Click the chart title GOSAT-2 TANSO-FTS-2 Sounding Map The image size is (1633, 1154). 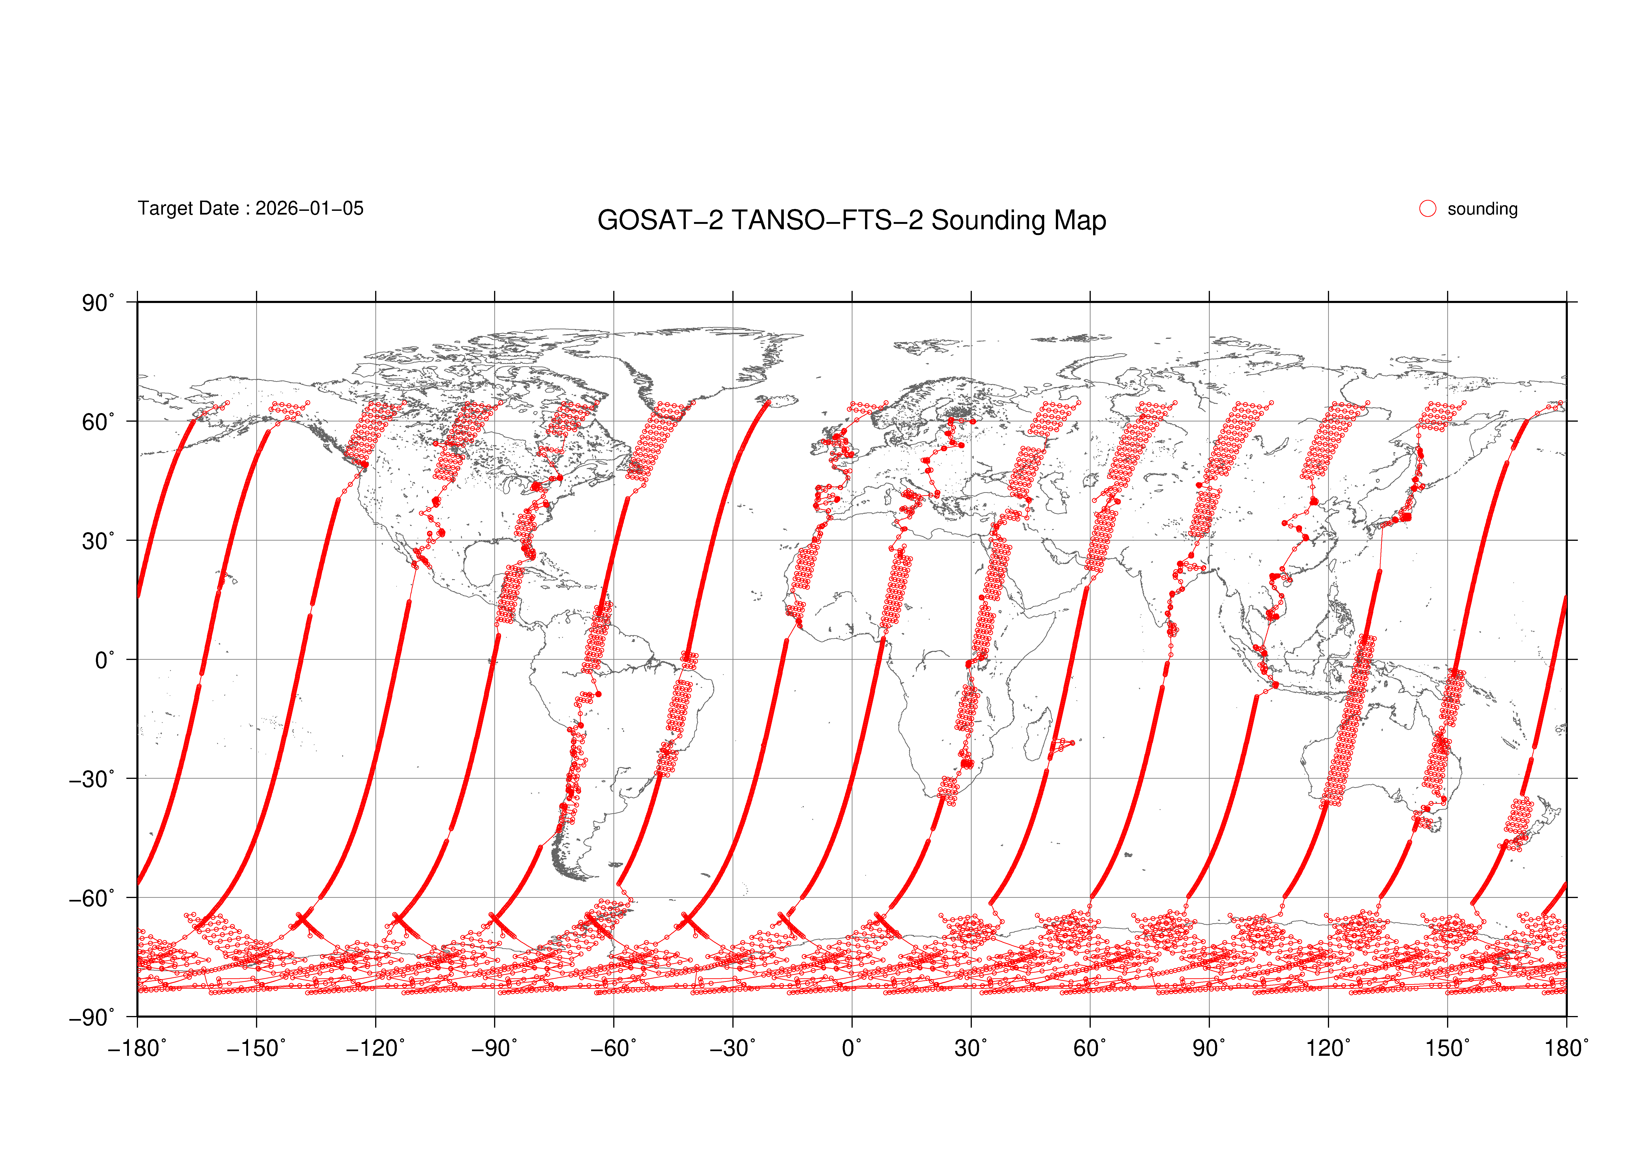[851, 220]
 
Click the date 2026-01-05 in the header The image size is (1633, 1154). [309, 208]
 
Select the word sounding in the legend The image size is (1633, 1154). [1482, 209]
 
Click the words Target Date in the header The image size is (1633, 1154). [189, 208]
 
